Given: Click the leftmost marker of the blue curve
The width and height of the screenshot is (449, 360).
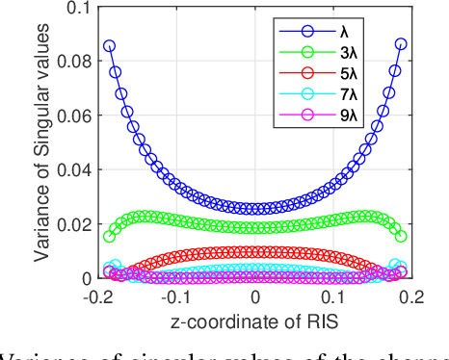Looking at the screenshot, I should [x=110, y=46].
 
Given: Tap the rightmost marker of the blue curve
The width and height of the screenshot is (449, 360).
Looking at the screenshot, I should [x=402, y=44].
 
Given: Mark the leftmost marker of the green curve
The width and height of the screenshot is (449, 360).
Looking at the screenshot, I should [x=110, y=236].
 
